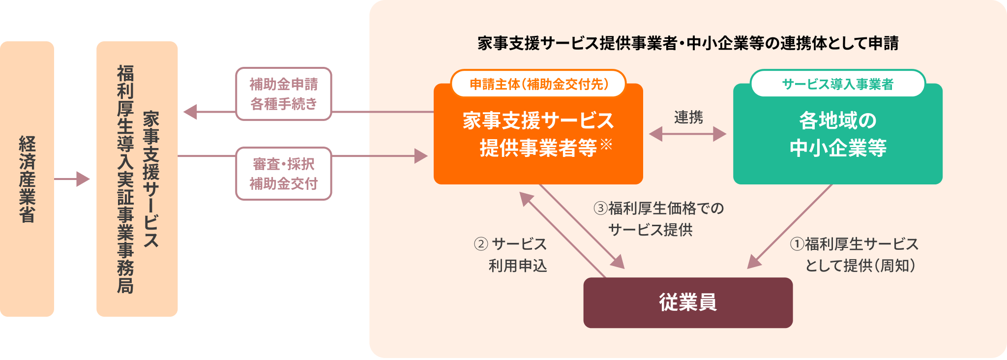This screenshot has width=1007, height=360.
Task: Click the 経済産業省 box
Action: [x=27, y=179]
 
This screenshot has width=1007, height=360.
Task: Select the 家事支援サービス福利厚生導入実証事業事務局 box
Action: [x=137, y=179]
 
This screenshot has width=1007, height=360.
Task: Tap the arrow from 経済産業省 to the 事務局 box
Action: [x=72, y=179]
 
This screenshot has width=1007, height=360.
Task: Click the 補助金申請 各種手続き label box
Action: [x=284, y=94]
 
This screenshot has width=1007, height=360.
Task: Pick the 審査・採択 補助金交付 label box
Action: [x=284, y=174]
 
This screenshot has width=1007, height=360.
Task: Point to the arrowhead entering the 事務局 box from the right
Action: [x=190, y=112]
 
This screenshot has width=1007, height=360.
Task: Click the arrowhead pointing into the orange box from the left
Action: [x=421, y=156]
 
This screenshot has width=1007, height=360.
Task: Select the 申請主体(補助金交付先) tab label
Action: [x=538, y=84]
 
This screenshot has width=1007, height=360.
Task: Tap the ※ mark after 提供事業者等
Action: [x=606, y=144]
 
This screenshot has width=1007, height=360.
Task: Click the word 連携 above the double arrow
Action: [x=688, y=117]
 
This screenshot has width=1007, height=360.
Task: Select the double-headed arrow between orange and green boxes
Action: [x=688, y=134]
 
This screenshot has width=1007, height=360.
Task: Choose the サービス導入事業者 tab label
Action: [x=837, y=84]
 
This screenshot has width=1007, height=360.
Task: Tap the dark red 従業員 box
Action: [x=688, y=302]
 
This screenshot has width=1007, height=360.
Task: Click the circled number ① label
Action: [x=797, y=244]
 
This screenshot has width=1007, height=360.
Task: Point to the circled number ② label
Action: [x=481, y=244]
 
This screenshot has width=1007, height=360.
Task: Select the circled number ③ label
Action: [x=600, y=209]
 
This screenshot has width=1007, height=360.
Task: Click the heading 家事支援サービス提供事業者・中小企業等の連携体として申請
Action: [x=688, y=43]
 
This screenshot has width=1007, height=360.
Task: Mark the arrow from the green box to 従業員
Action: [x=789, y=227]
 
